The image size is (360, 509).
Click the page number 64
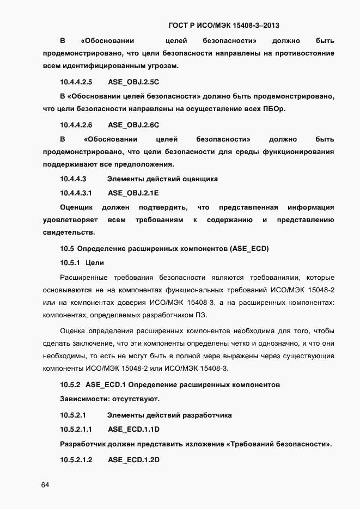[45, 485]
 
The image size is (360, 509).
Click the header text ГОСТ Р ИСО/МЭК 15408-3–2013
[225, 25]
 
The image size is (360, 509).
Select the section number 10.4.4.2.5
[76, 82]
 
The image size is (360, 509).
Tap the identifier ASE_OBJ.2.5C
[133, 82]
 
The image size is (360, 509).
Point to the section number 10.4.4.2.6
[76, 125]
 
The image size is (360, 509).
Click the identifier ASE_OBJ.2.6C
[133, 125]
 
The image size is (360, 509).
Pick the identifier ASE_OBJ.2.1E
[133, 193]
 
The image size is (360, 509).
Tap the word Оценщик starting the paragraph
[76, 207]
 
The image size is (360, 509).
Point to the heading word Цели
[95, 263]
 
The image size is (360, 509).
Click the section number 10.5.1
[70, 263]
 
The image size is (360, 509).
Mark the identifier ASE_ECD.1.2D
[133, 460]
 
